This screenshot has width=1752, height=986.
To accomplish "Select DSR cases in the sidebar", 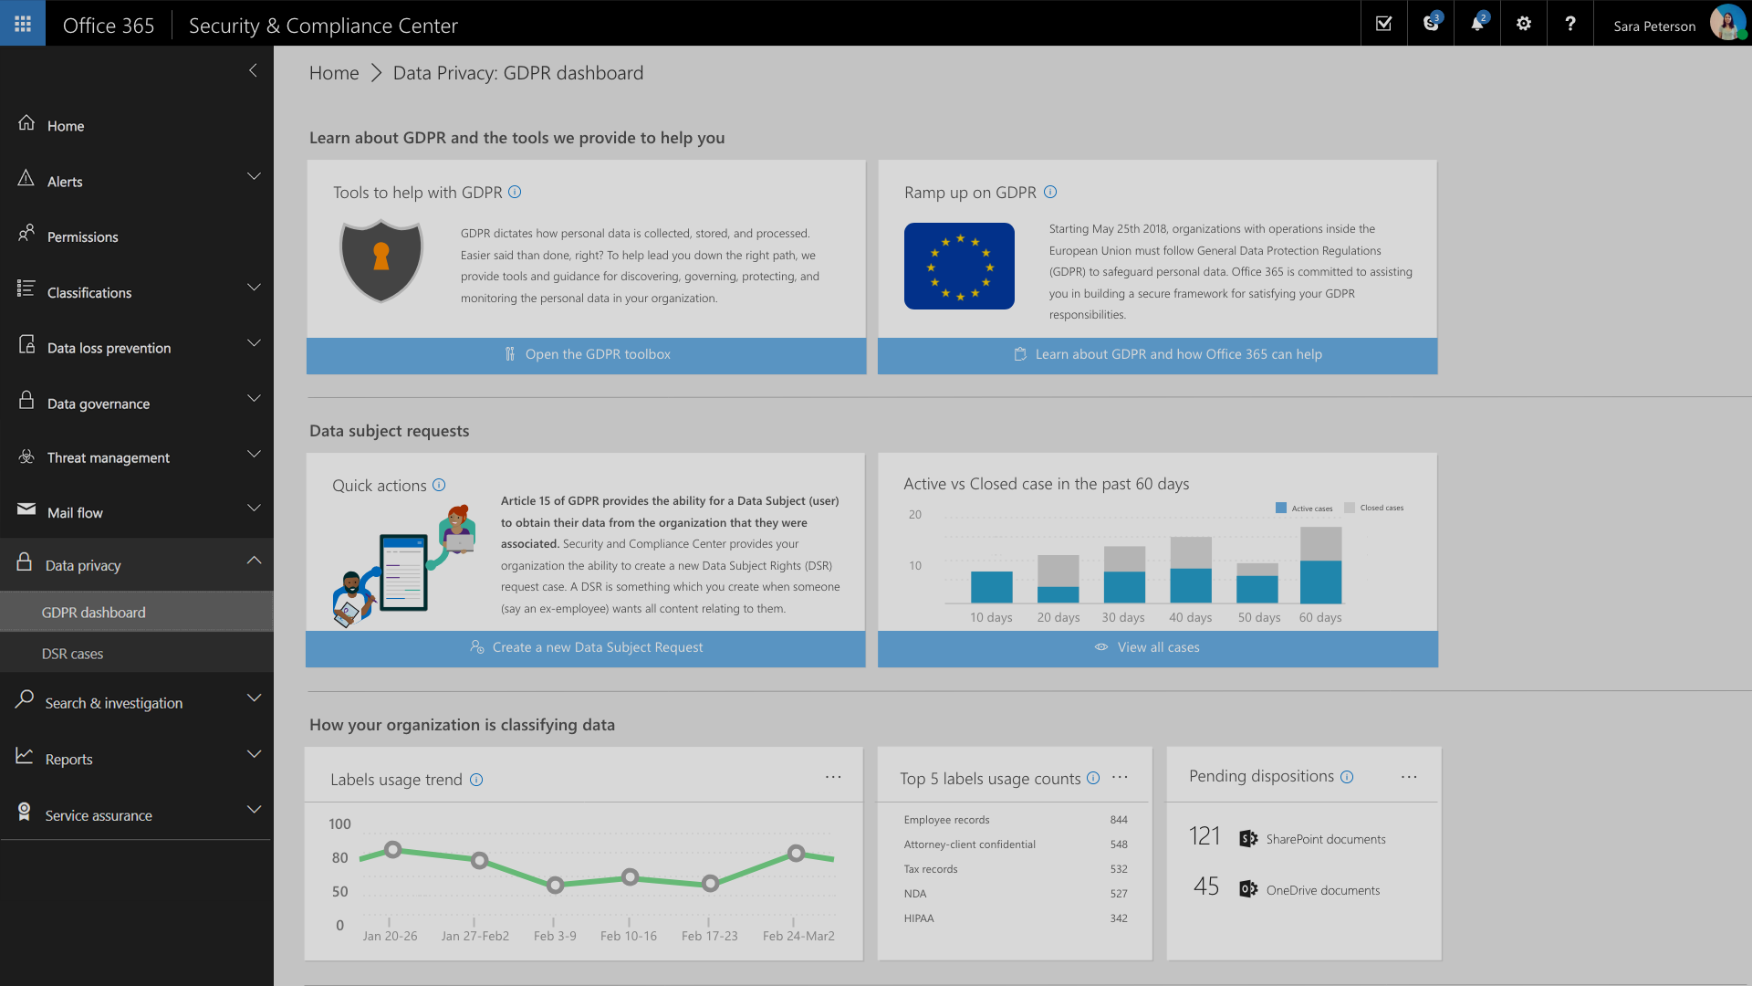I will [73, 654].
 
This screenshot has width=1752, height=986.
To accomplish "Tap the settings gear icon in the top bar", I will [1524, 24].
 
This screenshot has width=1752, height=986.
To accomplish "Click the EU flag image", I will [959, 266].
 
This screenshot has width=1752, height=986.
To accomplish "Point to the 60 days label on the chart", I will [1320, 618].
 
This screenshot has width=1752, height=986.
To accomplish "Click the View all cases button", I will [1157, 648].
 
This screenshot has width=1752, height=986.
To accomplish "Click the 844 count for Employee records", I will [1119, 820].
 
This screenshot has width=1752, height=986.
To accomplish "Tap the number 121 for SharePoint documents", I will [1204, 836].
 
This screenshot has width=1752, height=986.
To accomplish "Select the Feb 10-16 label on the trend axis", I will [629, 937].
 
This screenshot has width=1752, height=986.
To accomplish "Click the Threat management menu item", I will [109, 458].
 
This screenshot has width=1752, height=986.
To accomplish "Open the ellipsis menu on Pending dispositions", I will [1409, 777].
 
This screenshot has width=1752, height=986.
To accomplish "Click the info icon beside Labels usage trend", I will [476, 780].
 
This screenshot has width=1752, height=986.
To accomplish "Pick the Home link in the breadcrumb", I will [334, 73].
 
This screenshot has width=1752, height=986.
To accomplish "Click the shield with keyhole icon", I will [381, 261].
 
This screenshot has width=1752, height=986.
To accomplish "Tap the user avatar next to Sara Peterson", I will [1727, 24].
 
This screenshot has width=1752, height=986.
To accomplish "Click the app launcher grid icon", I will [23, 24].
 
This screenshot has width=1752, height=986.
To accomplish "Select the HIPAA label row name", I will [919, 918].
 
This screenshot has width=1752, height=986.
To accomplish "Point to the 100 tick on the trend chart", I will [339, 824].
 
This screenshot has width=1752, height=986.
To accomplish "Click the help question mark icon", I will [1569, 24].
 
